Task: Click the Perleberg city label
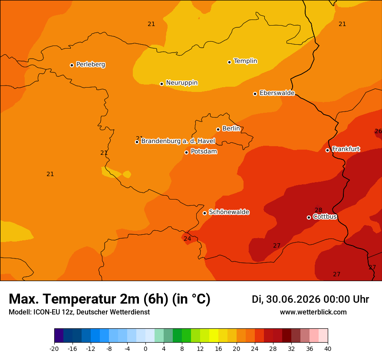pyautogui.click(x=91, y=65)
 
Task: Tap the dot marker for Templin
pyautogui.click(x=229, y=62)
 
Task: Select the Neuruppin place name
pyautogui.click(x=182, y=83)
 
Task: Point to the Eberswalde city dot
pyautogui.click(x=255, y=94)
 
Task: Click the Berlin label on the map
pyautogui.click(x=231, y=128)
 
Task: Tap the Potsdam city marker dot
pyautogui.click(x=186, y=152)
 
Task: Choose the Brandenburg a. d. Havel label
pyautogui.click(x=178, y=141)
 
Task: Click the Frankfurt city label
pyautogui.click(x=346, y=149)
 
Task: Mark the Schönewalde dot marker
pyautogui.click(x=204, y=213)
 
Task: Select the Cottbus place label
pyautogui.click(x=325, y=216)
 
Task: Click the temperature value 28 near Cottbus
pyautogui.click(x=319, y=210)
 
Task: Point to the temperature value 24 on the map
pyautogui.click(x=188, y=239)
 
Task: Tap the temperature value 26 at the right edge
pyautogui.click(x=379, y=131)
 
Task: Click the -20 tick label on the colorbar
pyautogui.click(x=54, y=349)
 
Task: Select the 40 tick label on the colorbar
pyautogui.click(x=328, y=349)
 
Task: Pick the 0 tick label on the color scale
pyautogui.click(x=145, y=349)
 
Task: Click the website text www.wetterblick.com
pyautogui.click(x=313, y=312)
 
